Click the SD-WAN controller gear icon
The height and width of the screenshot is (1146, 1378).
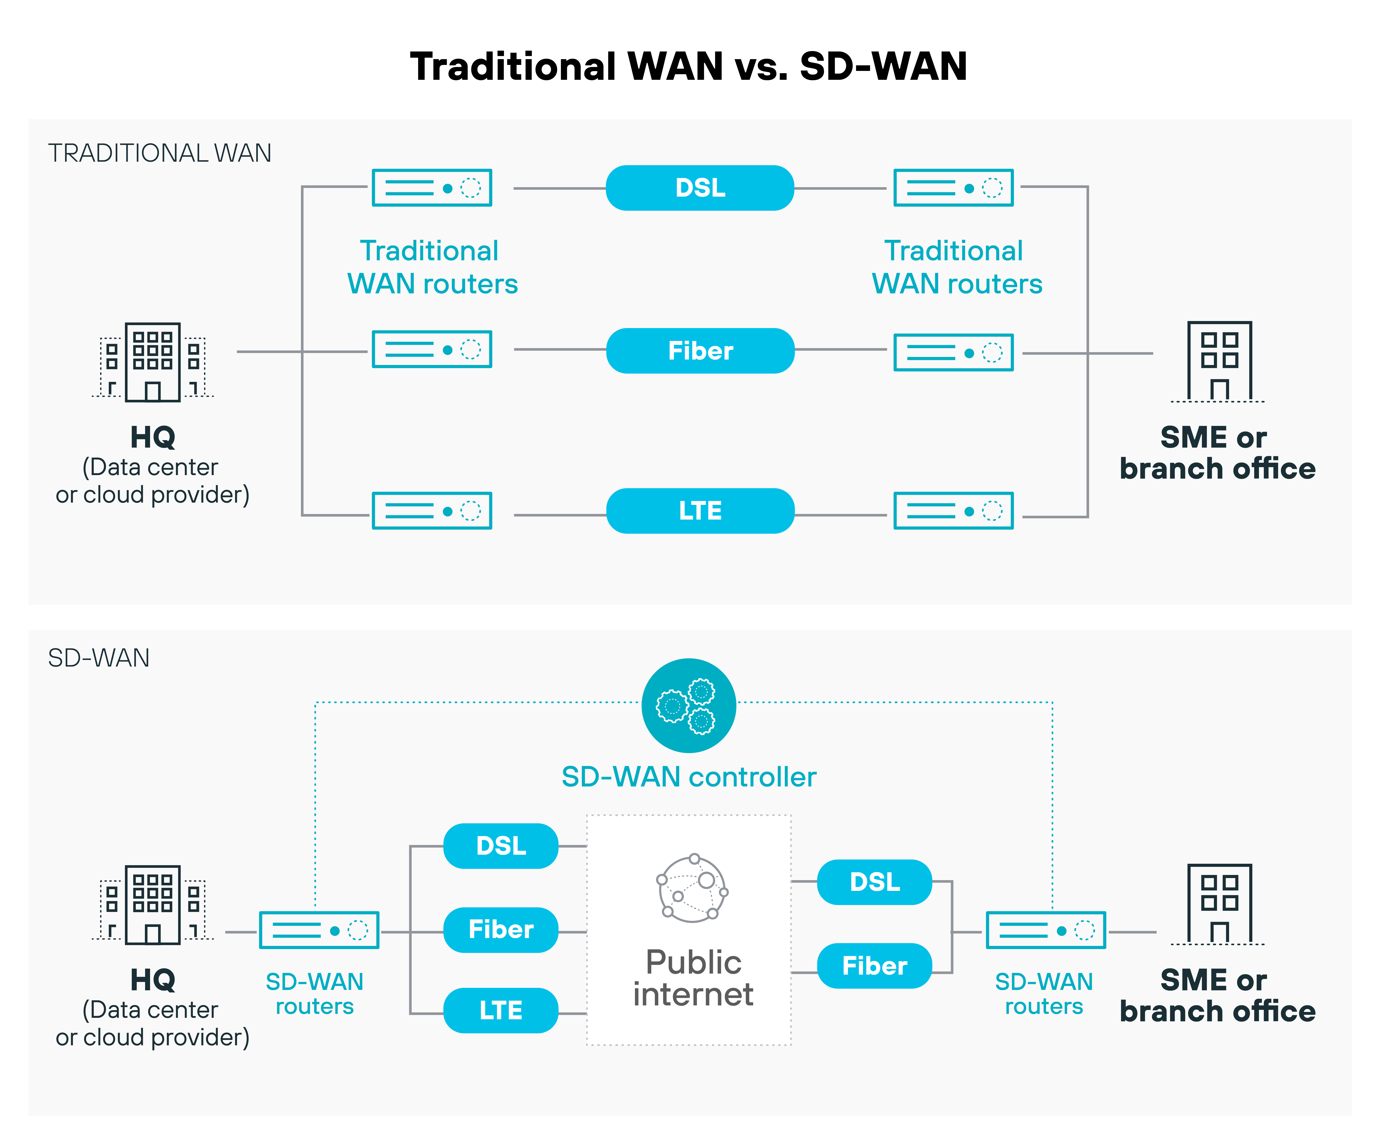click(688, 706)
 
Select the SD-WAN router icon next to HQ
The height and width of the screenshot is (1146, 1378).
click(319, 930)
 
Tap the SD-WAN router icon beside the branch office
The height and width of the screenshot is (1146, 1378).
click(1045, 930)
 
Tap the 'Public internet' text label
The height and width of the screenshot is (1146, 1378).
click(693, 978)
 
